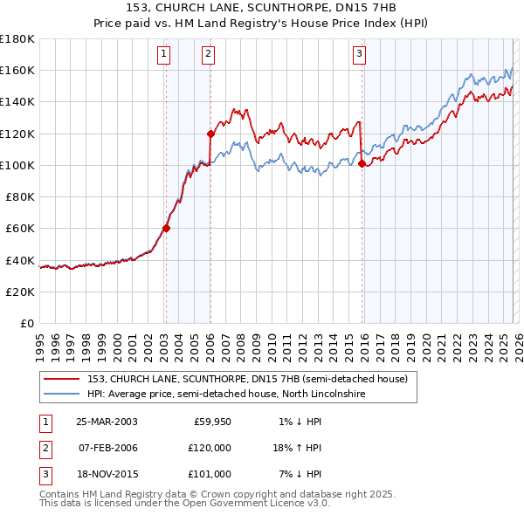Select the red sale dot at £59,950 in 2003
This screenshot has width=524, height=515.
click(166, 229)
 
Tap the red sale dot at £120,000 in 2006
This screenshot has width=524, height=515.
click(210, 134)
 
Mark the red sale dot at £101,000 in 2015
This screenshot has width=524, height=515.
click(361, 162)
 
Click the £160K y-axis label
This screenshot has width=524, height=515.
click(17, 70)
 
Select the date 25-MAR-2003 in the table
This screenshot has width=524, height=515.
click(107, 422)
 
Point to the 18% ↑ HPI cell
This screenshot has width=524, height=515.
click(297, 448)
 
